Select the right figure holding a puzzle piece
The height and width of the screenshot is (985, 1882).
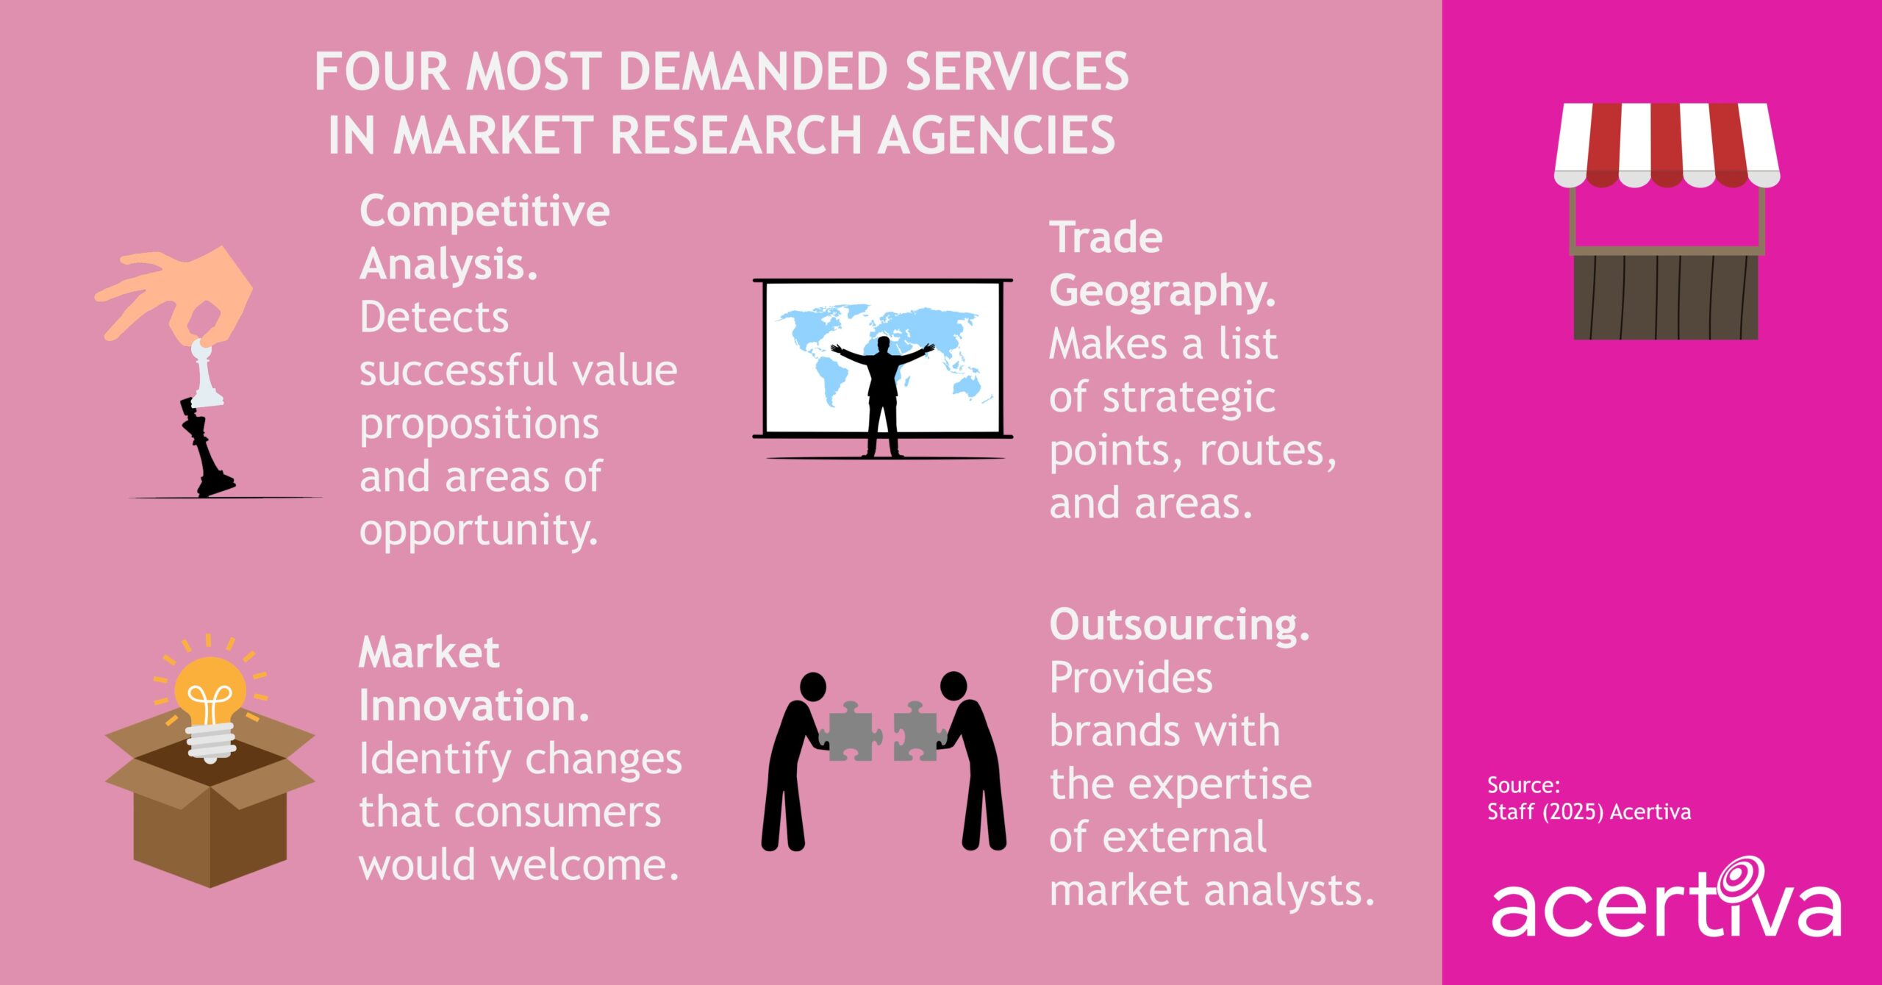pos(974,764)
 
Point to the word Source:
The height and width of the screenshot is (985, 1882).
pos(1523,785)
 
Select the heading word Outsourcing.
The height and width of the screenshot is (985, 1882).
pos(1179,626)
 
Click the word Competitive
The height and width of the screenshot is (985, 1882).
pos(484,212)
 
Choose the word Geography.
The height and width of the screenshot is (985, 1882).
pos(1162,292)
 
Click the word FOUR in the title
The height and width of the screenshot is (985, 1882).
pos(382,72)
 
